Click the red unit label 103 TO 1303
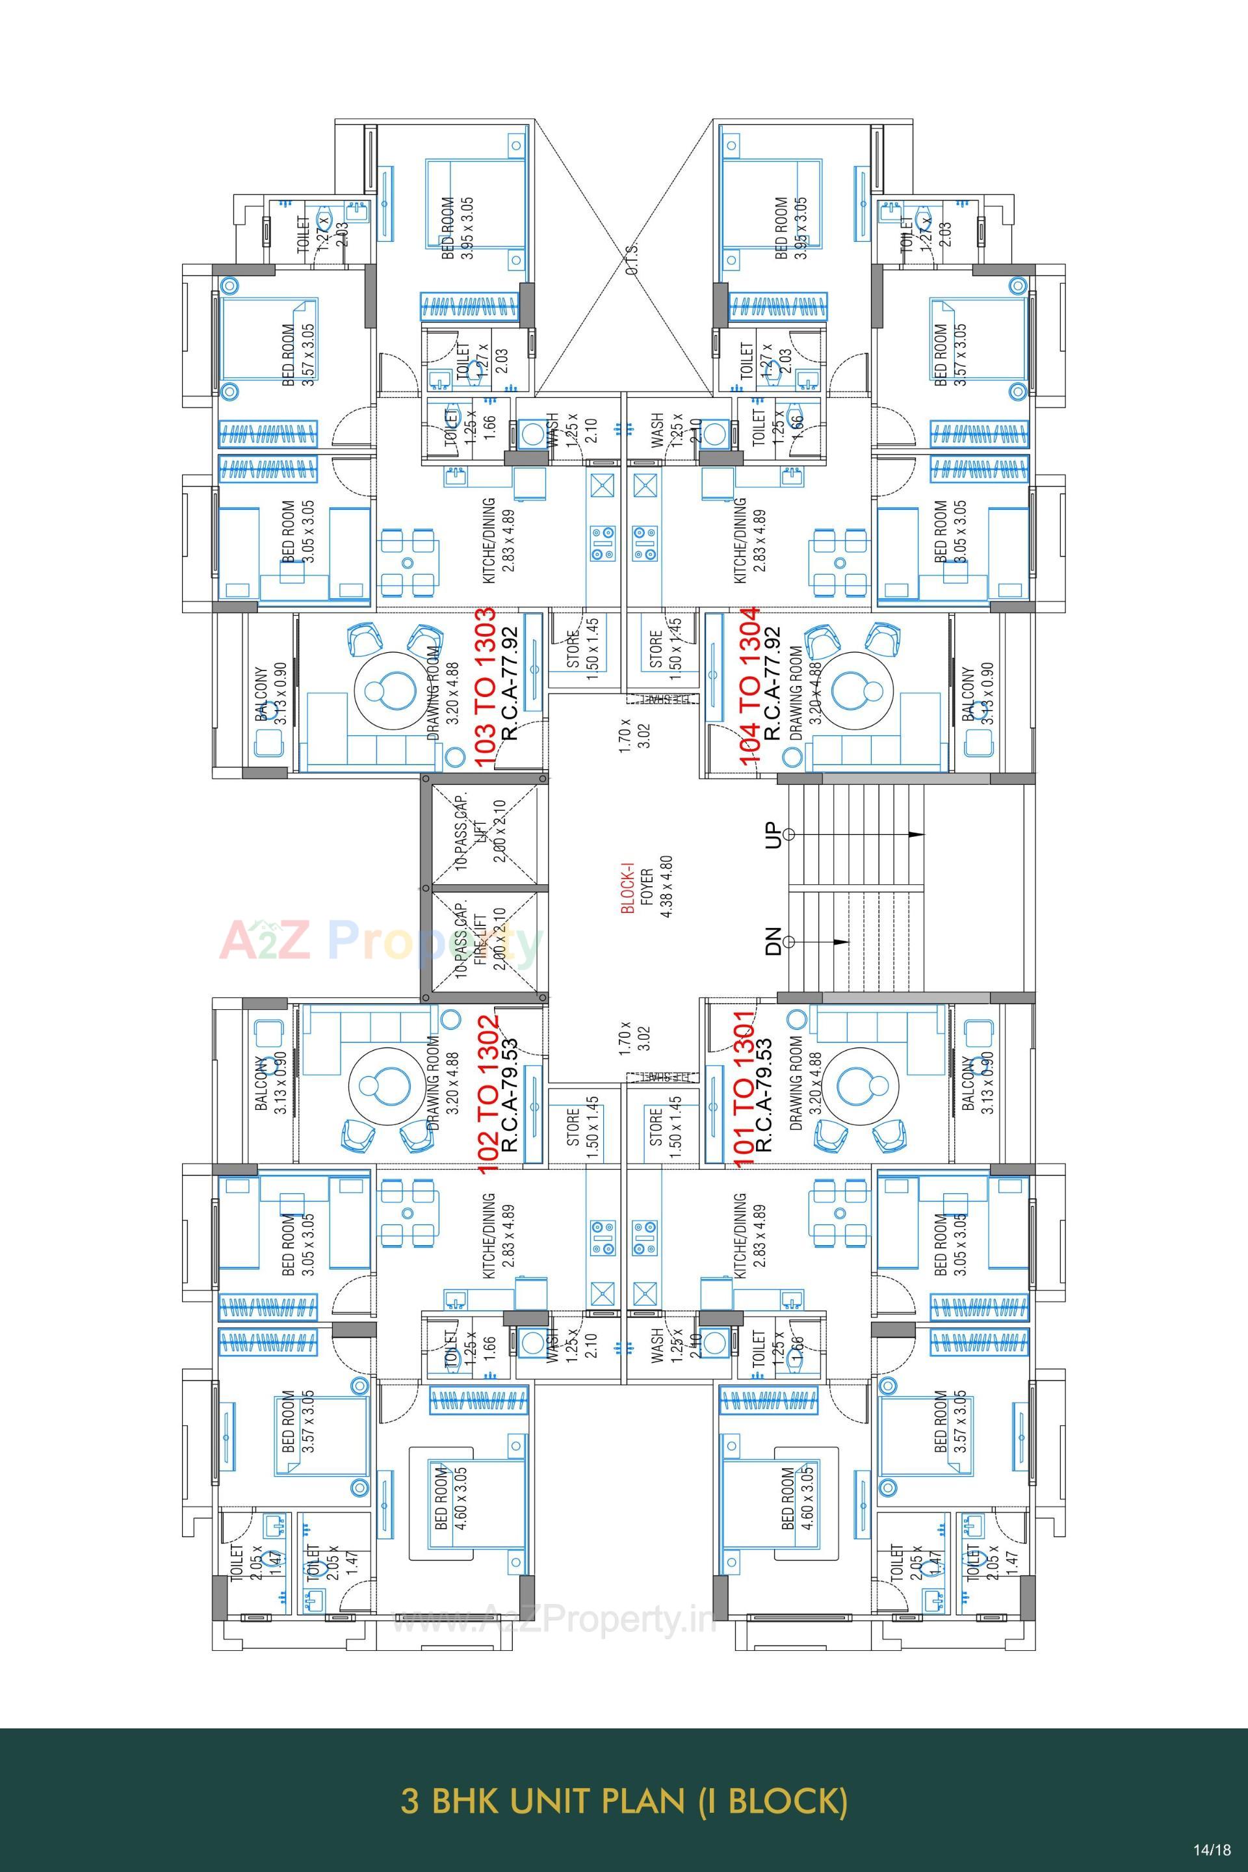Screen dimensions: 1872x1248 pos(486,687)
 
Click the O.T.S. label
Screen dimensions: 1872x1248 pos(632,259)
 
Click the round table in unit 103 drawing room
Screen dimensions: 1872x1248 pos(391,687)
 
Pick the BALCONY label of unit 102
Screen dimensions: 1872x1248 pos(270,1085)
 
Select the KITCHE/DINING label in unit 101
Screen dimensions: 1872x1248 pos(749,1235)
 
